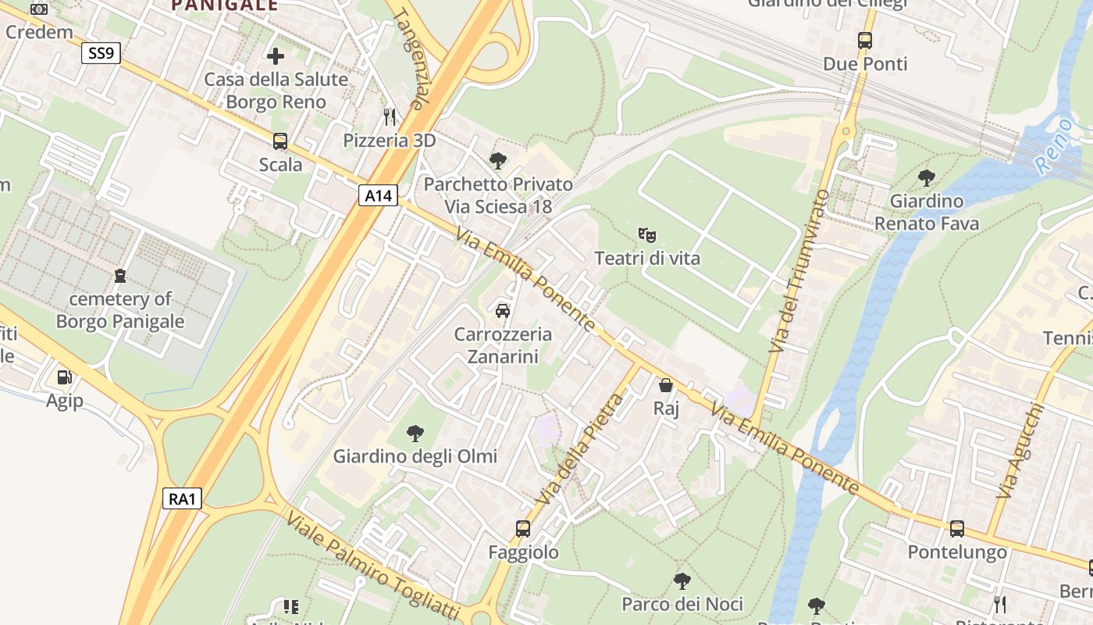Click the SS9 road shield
(x=101, y=53)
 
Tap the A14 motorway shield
(x=379, y=195)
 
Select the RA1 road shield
(x=182, y=498)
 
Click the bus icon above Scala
(x=280, y=141)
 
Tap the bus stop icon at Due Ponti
(x=865, y=41)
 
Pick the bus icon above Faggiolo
(x=523, y=529)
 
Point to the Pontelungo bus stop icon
(x=957, y=529)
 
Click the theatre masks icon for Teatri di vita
(x=646, y=234)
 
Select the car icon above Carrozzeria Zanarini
(x=503, y=310)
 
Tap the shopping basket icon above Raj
(x=666, y=385)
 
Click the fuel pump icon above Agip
(x=64, y=377)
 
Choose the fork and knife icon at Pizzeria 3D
(x=390, y=117)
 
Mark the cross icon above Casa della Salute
(x=276, y=56)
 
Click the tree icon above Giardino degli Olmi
(x=415, y=433)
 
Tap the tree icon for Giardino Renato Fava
(x=927, y=178)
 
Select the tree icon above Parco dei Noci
(x=682, y=580)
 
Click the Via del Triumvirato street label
(x=797, y=270)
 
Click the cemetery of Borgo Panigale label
(x=120, y=310)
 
